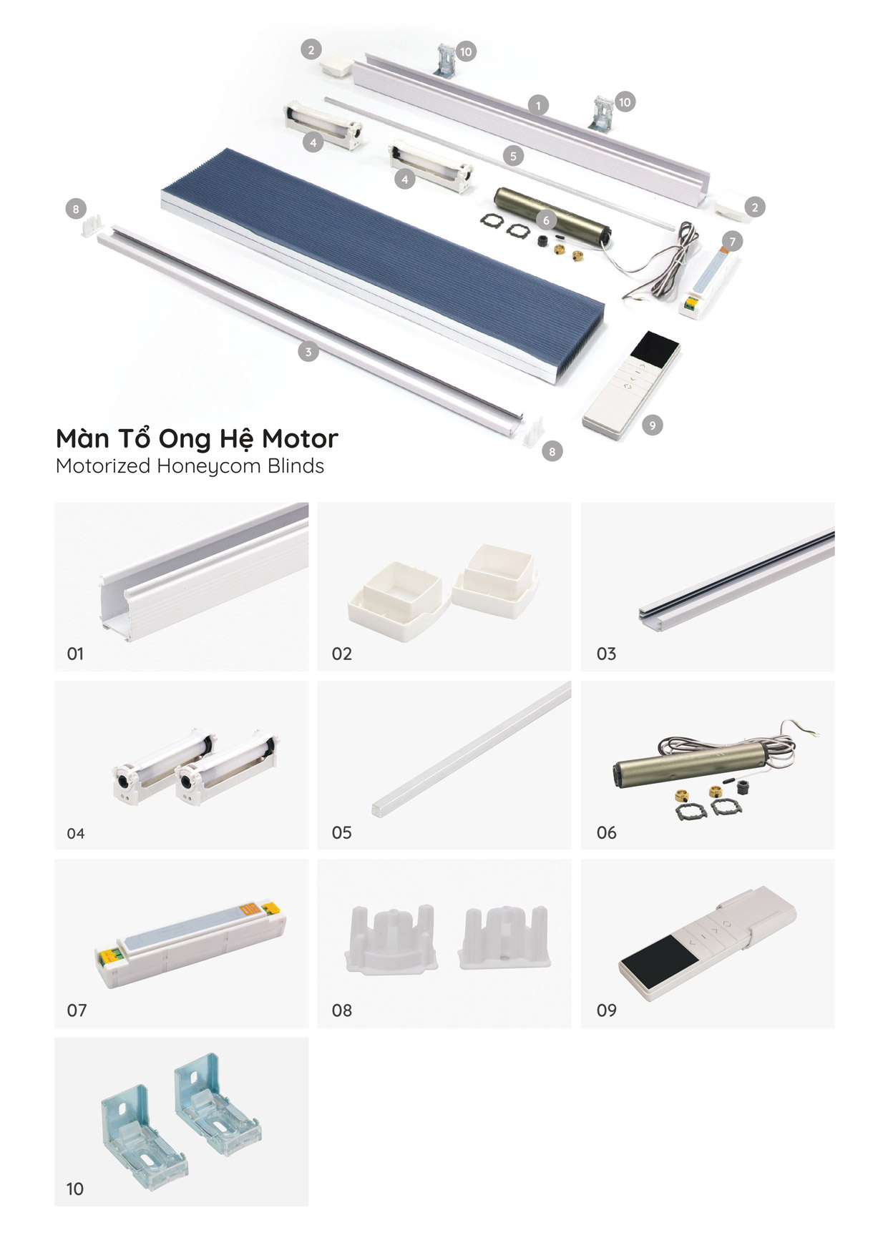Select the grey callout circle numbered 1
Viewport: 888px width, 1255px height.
(x=538, y=104)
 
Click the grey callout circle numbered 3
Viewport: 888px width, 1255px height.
(x=308, y=351)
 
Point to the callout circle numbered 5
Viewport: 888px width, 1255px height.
(x=513, y=155)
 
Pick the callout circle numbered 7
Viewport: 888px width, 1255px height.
(x=732, y=242)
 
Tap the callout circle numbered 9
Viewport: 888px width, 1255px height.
(x=652, y=425)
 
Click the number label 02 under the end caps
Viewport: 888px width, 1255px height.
(x=341, y=654)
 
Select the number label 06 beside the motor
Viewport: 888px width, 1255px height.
(x=606, y=832)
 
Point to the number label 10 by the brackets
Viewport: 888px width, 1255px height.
(x=75, y=1189)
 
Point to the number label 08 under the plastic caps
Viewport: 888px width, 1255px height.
(x=341, y=1010)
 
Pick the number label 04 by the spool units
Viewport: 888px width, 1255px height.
(x=75, y=833)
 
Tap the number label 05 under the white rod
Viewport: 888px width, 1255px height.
(x=341, y=832)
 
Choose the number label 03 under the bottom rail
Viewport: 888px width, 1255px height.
(x=606, y=654)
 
